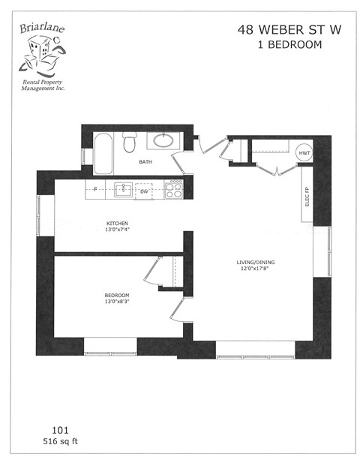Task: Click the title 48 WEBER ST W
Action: (x=279, y=30)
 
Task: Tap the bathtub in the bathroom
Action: (x=103, y=152)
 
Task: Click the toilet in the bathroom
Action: (x=129, y=143)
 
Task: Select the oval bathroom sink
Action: (x=163, y=140)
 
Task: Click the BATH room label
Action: (x=147, y=162)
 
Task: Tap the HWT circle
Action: (x=304, y=153)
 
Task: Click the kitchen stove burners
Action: (x=175, y=189)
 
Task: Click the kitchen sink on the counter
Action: (x=123, y=188)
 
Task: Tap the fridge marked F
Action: (x=95, y=188)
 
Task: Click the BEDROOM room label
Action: (x=117, y=296)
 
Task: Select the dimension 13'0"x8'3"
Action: (x=117, y=303)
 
